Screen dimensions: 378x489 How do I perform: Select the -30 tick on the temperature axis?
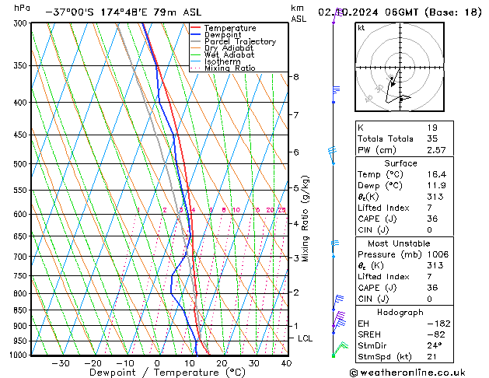click(x=60, y=363)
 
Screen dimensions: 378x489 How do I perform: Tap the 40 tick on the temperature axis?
click(x=287, y=363)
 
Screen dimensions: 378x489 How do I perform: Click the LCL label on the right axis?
click(x=306, y=338)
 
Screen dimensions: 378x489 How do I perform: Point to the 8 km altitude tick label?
click(x=296, y=77)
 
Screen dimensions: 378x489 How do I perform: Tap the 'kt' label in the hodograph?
click(x=361, y=27)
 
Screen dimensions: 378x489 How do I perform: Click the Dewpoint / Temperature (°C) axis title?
click(x=156, y=373)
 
